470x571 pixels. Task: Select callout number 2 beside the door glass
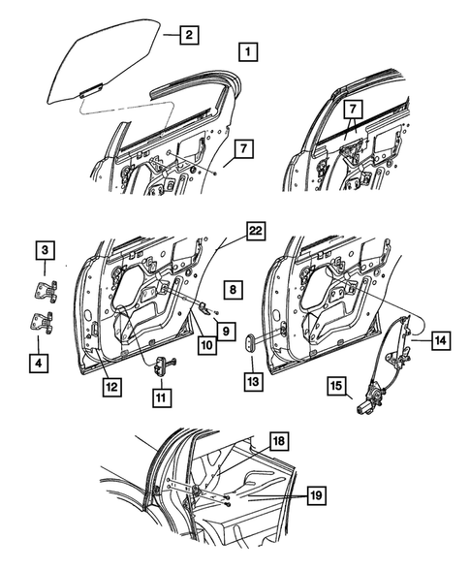pos(188,36)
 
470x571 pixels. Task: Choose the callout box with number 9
pos(224,331)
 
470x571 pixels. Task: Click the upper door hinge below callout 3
pos(45,290)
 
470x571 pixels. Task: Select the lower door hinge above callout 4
pos(43,326)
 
